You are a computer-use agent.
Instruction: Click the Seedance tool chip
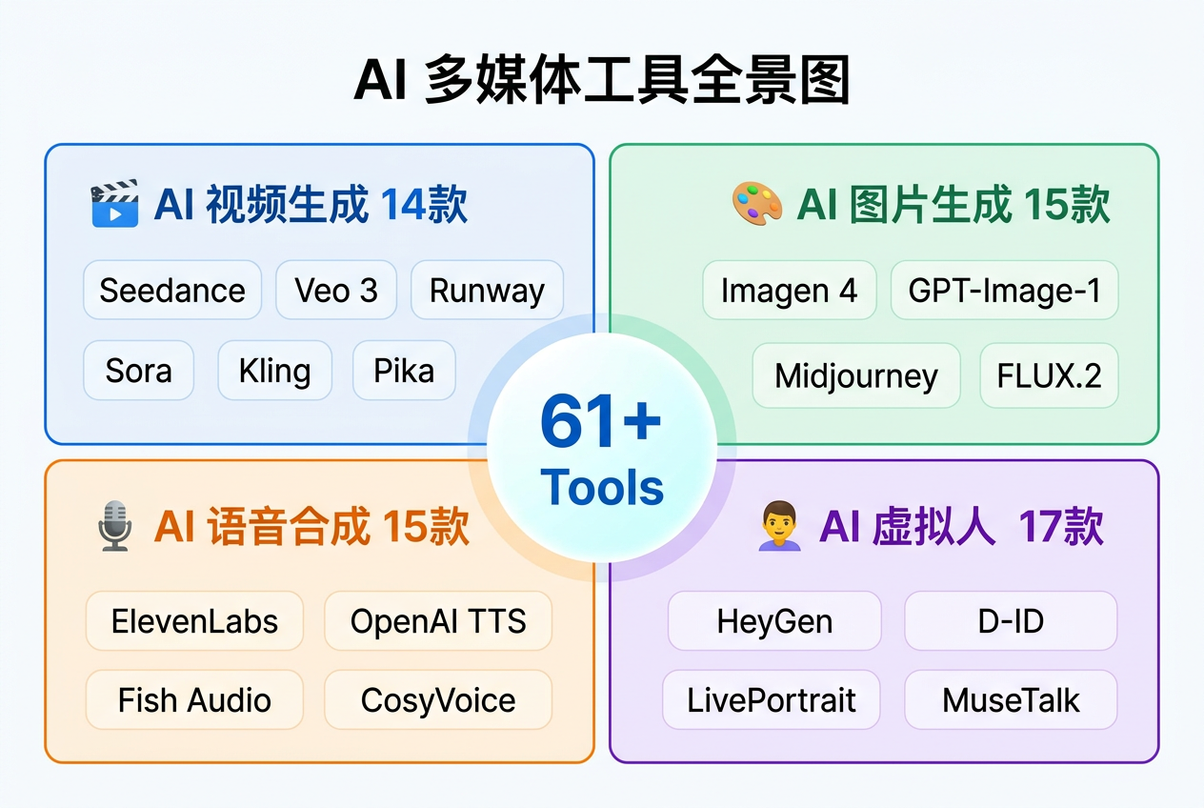coord(172,290)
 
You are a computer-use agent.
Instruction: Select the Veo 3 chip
coord(336,290)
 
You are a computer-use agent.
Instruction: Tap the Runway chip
coord(487,290)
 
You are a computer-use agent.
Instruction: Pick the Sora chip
coord(139,370)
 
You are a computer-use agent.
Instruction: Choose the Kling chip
coord(274,370)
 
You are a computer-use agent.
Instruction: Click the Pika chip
coord(404,370)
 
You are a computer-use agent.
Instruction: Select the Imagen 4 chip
coord(789,290)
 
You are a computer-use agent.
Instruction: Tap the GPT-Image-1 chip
coord(1004,290)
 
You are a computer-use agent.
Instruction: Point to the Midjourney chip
coord(856,375)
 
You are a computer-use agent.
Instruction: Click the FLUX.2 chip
coord(1049,375)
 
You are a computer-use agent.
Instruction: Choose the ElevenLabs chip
coord(194,621)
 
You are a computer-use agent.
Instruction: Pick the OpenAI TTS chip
coord(438,621)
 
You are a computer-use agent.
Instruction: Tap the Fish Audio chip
coord(194,700)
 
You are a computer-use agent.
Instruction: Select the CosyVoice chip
coord(438,700)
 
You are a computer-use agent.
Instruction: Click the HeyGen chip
coord(774,621)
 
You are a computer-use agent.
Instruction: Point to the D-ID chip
coord(1011,621)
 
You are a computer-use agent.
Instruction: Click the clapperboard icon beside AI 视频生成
coord(114,203)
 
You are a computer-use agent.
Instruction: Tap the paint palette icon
coord(756,203)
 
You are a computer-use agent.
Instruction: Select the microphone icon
coord(114,527)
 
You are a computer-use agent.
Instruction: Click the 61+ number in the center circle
coord(600,421)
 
